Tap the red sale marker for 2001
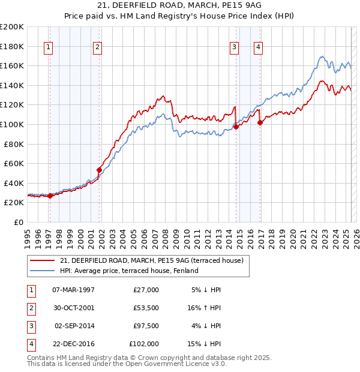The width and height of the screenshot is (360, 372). (x=99, y=169)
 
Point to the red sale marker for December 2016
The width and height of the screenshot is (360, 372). (x=260, y=122)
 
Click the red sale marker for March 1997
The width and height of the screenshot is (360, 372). (x=50, y=196)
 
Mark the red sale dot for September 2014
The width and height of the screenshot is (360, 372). (x=236, y=127)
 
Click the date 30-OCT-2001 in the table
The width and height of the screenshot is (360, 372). (x=73, y=307)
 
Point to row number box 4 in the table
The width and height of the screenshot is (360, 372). (x=30, y=344)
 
